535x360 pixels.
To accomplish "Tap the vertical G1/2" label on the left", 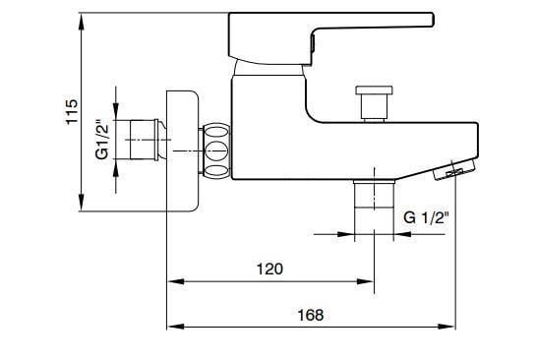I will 102,141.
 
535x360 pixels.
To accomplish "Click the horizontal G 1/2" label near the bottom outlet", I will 426,218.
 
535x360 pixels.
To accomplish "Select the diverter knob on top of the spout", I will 372,102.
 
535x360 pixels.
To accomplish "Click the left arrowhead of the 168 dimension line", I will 172,327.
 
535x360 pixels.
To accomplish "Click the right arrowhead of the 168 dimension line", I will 451,327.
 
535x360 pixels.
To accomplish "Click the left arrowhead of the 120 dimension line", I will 172,281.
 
